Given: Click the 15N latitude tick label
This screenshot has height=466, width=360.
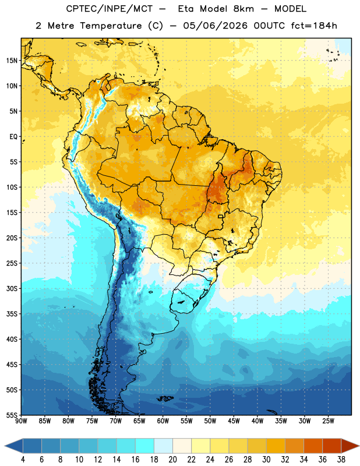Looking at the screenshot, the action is (x=12, y=61).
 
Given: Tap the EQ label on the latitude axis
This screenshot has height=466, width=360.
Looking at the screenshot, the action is (x=13, y=137).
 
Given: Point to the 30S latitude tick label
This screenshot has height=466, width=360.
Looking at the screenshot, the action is (x=12, y=288).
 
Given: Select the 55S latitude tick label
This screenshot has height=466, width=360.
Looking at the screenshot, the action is (x=12, y=415).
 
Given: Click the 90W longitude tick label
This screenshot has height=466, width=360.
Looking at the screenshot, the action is (x=22, y=421).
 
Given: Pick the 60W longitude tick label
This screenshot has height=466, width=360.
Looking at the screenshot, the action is (x=163, y=421).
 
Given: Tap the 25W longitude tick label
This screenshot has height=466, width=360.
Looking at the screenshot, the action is (x=328, y=421).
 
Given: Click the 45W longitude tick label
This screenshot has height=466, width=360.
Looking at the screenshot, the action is (x=234, y=421).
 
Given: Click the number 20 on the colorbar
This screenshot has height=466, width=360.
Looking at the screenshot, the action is (x=172, y=460).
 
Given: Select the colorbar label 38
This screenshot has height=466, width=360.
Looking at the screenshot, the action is (x=341, y=460).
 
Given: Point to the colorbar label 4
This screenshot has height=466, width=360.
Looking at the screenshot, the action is (x=23, y=460).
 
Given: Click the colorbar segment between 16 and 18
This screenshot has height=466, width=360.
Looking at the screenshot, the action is (x=145, y=446).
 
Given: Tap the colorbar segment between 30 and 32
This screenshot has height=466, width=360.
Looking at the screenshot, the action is (x=276, y=446).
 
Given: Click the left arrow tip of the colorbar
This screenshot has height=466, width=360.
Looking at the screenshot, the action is (x=5, y=446).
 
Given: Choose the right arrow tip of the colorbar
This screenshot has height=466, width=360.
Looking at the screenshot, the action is (x=359, y=446).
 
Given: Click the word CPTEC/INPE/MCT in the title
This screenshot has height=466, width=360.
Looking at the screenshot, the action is (x=109, y=9).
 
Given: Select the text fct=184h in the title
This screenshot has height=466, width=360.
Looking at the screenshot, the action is (x=314, y=26).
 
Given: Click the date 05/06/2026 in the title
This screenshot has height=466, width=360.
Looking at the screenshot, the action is (x=215, y=26).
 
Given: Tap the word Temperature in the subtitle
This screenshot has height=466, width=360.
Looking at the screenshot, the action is (x=111, y=26).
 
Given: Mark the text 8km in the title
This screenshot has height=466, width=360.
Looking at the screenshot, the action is (x=243, y=9).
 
